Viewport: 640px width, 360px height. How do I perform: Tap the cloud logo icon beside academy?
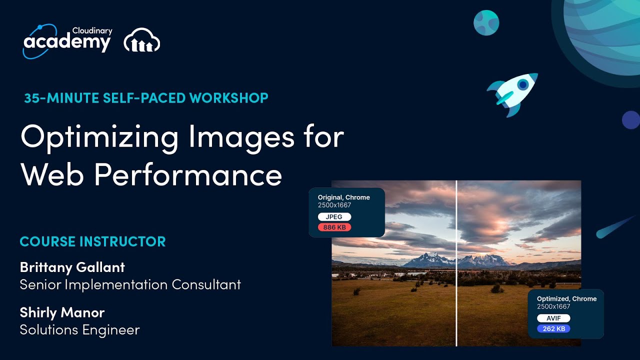[142, 40]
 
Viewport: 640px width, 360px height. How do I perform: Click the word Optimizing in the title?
[99, 136]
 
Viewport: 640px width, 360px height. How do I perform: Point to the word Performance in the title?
[188, 174]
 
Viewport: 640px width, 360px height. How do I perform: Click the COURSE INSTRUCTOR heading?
[92, 241]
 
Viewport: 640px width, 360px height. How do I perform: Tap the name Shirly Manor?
[62, 312]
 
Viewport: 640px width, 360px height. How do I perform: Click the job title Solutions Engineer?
[79, 330]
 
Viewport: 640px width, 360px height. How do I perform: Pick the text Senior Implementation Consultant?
[130, 285]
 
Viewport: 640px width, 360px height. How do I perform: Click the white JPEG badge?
[334, 217]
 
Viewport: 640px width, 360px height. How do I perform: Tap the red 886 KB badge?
[334, 227]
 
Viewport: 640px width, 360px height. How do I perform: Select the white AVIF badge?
[553, 318]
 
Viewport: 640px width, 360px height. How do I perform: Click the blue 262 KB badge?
[553, 329]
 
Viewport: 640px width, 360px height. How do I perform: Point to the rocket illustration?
[513, 92]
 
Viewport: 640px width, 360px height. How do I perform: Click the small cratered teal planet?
[486, 22]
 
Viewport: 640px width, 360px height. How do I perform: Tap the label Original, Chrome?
[344, 197]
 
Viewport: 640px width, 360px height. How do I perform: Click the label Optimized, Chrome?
[566, 299]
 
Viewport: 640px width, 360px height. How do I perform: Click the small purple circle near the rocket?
[630, 120]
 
